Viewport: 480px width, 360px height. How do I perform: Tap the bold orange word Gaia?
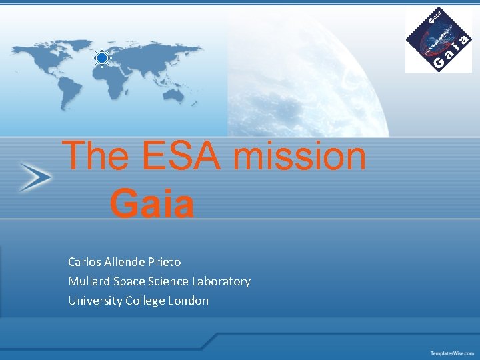click(152, 204)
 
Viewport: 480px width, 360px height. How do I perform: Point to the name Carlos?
click(87, 262)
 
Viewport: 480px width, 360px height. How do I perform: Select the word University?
click(93, 301)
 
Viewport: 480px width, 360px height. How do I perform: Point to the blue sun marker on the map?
click(101, 59)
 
